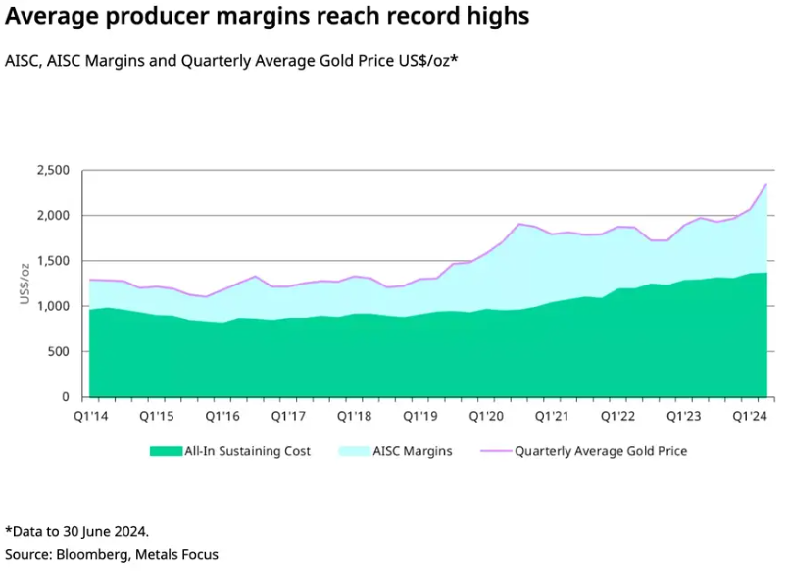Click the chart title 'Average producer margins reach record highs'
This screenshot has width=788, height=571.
tap(268, 17)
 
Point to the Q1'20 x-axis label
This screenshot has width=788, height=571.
tap(485, 416)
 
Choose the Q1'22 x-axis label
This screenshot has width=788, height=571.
tap(618, 416)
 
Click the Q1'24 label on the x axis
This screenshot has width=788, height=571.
tap(750, 416)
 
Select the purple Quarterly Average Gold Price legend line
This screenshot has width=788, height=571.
tap(494, 452)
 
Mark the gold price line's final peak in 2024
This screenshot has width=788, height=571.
tap(765, 184)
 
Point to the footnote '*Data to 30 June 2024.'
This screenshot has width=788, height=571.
tap(76, 531)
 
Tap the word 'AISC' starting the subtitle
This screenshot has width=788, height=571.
tap(23, 61)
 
